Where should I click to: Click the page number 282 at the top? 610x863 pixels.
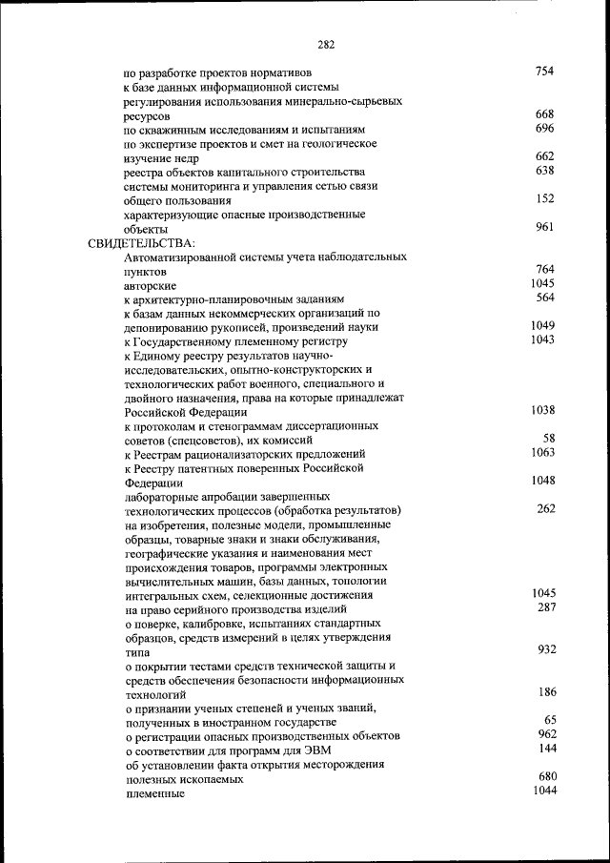click(325, 44)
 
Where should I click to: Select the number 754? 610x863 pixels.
click(544, 72)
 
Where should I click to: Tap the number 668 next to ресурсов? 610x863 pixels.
click(544, 114)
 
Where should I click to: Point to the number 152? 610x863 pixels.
click(544, 198)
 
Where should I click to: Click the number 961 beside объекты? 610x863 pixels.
click(544, 227)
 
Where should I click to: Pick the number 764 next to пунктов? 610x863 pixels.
click(544, 270)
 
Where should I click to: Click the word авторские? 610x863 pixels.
click(150, 285)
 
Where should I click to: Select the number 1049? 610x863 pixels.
click(542, 326)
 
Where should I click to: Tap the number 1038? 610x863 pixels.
click(542, 410)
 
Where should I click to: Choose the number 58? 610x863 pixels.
click(549, 439)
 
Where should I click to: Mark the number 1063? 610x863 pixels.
click(542, 453)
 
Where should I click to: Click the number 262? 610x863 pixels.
click(545, 509)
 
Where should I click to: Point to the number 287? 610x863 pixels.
click(545, 607)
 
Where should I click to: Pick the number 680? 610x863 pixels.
click(545, 777)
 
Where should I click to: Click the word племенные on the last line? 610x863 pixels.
click(153, 793)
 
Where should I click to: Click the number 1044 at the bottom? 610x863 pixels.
click(542, 791)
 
